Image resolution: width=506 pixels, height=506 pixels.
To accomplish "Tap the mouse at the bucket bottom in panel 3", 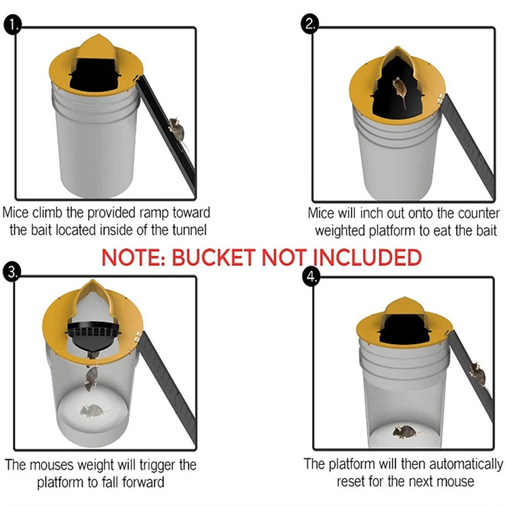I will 93,410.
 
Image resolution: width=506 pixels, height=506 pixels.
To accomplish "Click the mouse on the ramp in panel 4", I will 477,374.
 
